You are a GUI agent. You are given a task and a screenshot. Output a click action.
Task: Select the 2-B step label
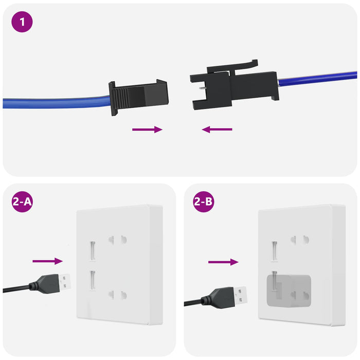point(203,202)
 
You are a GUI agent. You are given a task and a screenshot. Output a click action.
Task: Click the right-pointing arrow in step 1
point(147,130)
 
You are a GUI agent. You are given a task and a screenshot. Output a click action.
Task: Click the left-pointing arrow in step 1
point(217,130)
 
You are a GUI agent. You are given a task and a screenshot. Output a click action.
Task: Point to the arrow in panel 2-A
point(47,261)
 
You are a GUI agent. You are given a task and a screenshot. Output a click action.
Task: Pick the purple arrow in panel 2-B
point(223,262)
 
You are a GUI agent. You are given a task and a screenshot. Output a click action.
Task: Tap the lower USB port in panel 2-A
point(93,280)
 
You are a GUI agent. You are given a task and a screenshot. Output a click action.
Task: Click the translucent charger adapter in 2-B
point(288,291)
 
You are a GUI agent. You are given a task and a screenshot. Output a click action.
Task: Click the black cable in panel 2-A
point(15,289)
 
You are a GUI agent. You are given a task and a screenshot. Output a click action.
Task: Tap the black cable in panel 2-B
point(195,302)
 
